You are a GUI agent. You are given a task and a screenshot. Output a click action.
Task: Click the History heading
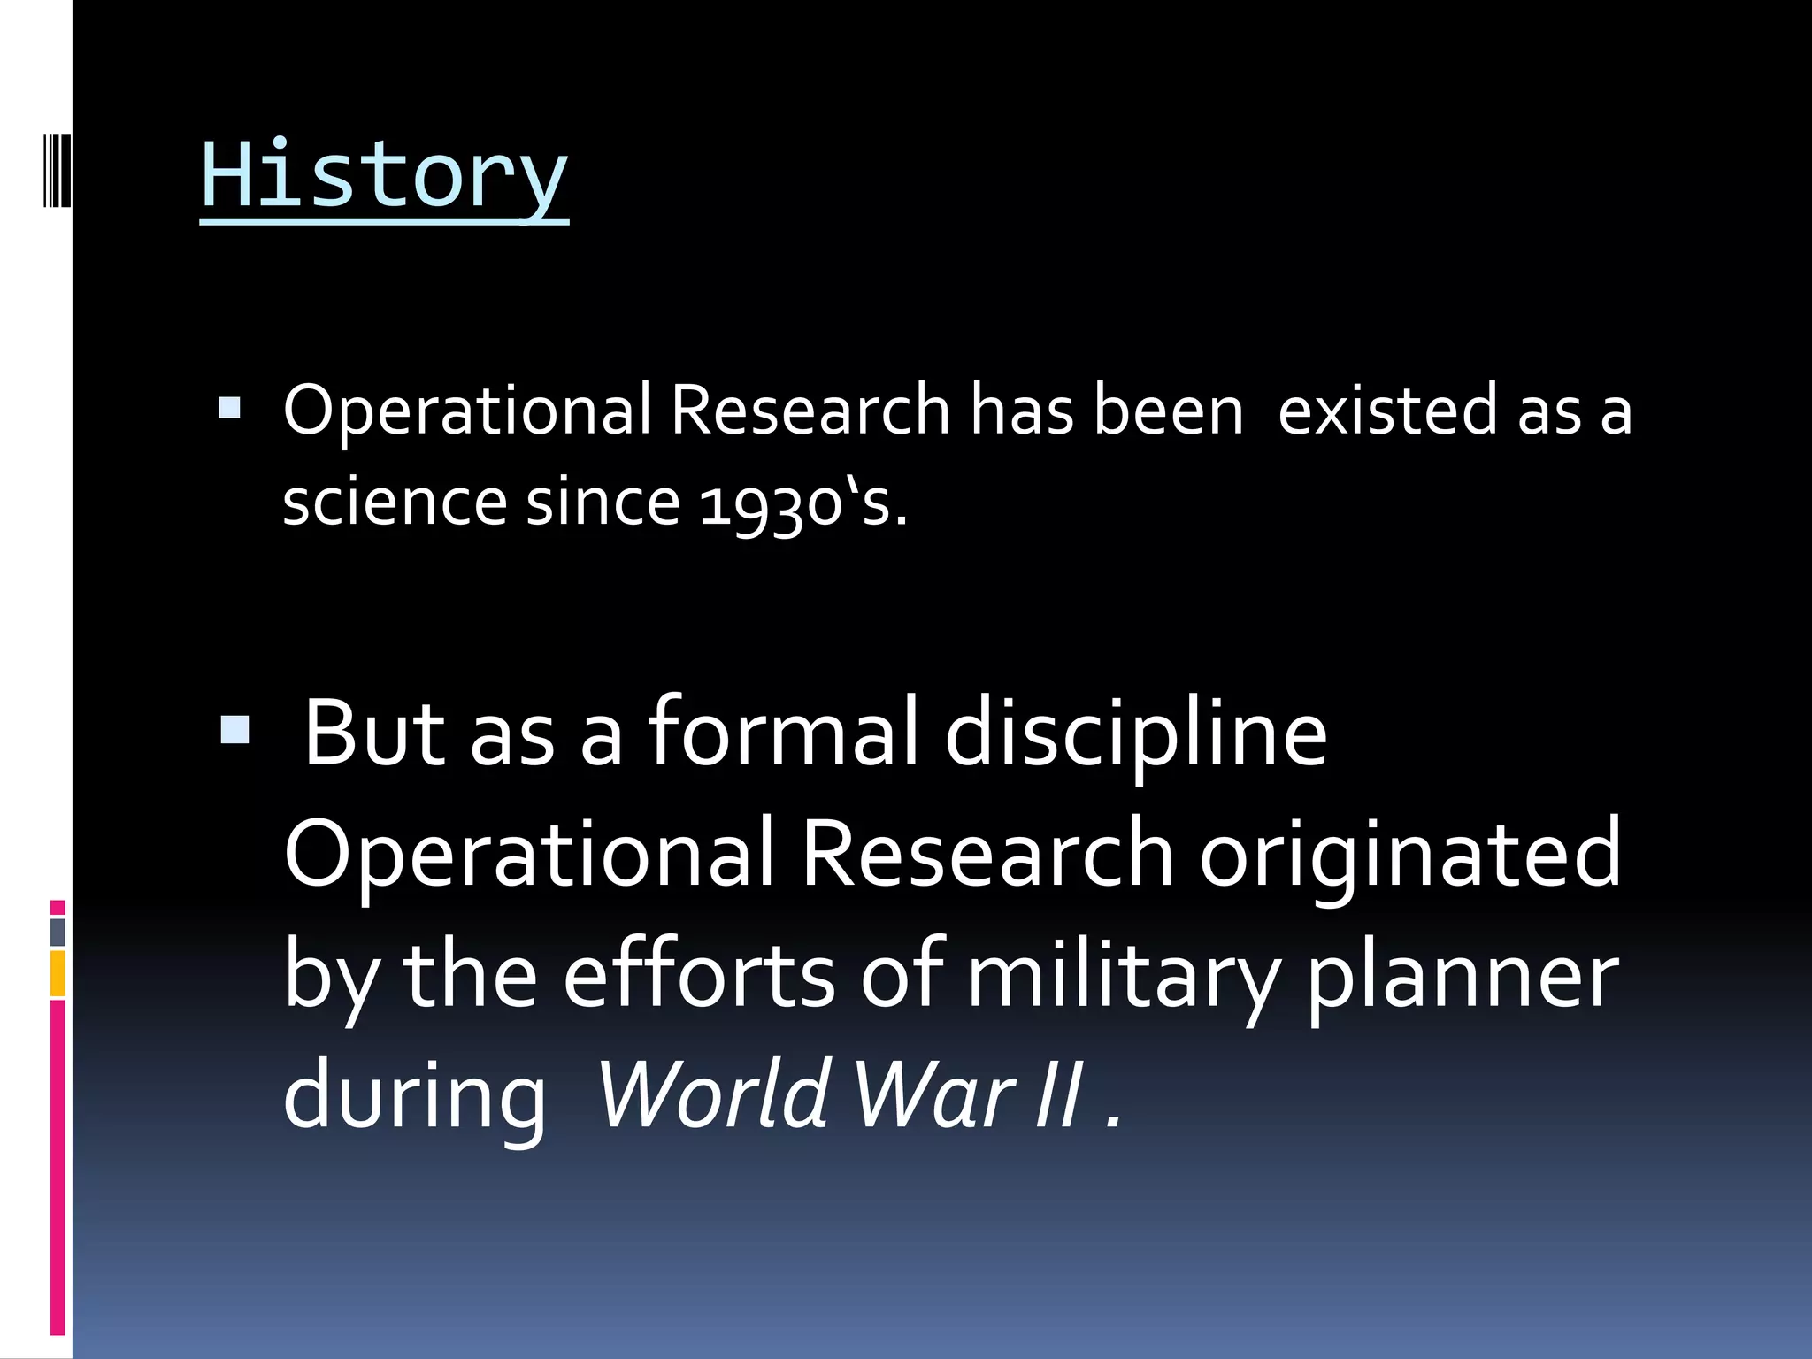(384, 175)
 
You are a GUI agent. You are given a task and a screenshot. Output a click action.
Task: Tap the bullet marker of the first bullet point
(229, 408)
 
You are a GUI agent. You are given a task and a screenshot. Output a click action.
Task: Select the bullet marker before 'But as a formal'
(235, 731)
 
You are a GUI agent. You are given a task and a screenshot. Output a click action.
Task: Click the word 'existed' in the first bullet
(1387, 411)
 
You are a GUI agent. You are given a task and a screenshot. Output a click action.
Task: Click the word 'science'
(394, 503)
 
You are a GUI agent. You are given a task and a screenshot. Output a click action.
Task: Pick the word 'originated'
(1410, 855)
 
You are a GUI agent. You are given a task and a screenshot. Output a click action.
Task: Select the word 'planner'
(1463, 978)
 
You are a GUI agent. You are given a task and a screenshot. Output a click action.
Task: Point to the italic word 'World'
(713, 1094)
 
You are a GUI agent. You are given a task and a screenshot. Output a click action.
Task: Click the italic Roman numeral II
(1059, 1094)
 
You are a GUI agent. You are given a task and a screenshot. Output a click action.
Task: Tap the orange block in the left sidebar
(58, 973)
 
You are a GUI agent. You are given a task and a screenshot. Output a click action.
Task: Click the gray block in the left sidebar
(58, 932)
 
